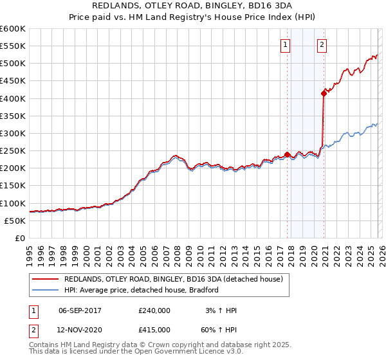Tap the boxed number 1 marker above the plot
(x=285, y=45)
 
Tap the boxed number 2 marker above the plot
(x=321, y=45)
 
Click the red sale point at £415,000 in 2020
(x=324, y=93)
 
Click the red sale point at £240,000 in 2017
(x=287, y=154)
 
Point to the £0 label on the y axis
(x=19, y=238)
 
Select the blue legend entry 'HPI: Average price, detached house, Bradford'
(x=142, y=290)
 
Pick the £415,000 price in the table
(x=154, y=329)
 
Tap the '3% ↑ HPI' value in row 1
(x=219, y=310)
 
